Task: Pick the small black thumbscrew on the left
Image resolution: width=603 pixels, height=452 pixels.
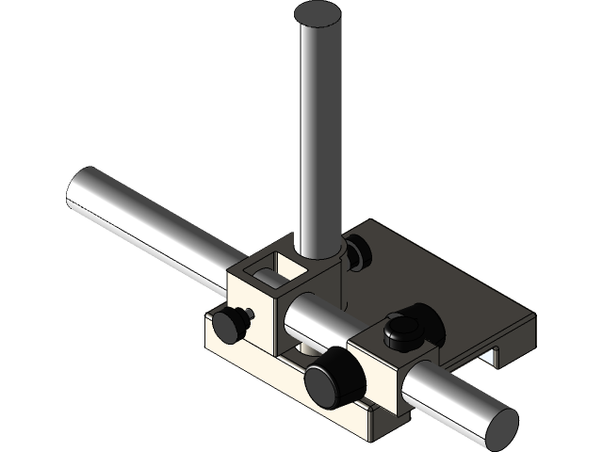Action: tap(229, 324)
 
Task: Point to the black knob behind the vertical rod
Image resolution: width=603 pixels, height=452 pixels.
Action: tap(357, 252)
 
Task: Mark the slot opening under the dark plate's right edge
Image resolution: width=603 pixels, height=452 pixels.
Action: tap(494, 355)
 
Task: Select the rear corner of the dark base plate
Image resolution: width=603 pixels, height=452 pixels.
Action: tap(373, 222)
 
